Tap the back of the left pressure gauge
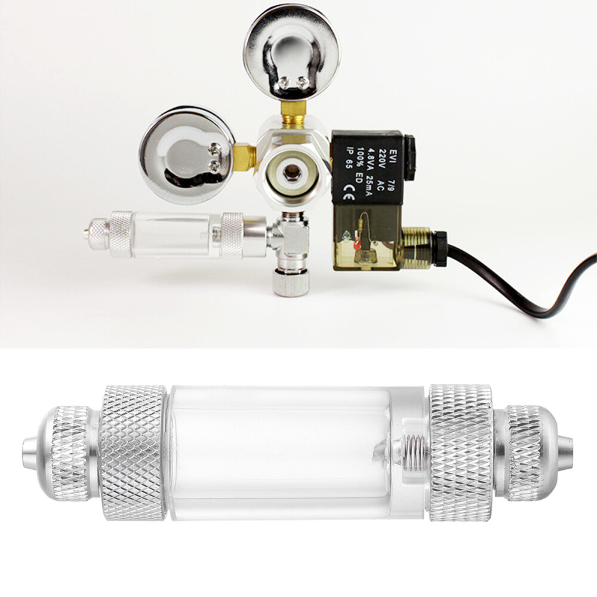click(x=185, y=153)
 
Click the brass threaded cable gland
click(x=418, y=245)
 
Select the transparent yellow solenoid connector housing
click(x=364, y=239)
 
